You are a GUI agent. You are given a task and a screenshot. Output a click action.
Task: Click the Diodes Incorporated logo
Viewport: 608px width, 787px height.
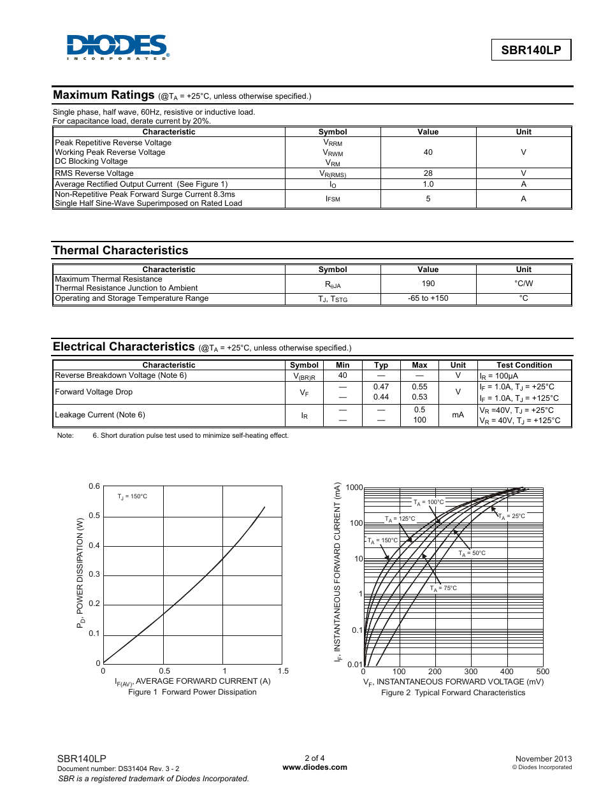(118, 47)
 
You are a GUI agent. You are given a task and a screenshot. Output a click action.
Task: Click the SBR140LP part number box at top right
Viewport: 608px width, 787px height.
(531, 50)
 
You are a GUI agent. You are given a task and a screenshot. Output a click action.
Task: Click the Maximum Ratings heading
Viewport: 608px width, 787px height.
(104, 95)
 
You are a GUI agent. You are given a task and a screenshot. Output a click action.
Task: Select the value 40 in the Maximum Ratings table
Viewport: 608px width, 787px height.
(428, 152)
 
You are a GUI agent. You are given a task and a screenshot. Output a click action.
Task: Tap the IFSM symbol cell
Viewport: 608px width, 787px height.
(333, 199)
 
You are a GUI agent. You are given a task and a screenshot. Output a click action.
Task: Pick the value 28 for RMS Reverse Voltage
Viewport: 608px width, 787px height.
(428, 173)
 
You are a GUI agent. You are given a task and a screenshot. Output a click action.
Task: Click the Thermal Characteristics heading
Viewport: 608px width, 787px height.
(120, 250)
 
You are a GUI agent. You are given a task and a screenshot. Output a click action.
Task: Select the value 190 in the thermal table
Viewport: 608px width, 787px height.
(428, 284)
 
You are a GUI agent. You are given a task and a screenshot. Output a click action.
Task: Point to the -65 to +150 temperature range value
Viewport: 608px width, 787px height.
(428, 298)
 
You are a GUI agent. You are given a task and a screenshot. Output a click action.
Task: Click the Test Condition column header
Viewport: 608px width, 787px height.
(524, 365)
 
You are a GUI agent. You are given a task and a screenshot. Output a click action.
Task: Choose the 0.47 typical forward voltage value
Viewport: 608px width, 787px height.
(381, 387)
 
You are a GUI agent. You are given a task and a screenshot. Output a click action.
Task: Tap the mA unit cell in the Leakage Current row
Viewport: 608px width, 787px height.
(458, 415)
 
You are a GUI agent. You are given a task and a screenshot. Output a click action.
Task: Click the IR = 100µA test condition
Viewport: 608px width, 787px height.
(499, 376)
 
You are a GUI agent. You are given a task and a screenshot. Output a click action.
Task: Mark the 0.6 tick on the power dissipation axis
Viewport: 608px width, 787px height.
(94, 486)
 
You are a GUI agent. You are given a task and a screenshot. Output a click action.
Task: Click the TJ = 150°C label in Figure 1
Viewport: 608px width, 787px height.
(132, 496)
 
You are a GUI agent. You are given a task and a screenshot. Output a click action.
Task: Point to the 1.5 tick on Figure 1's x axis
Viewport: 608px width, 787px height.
(283, 671)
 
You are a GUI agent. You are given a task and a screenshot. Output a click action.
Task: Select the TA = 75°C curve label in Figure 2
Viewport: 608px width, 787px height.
(443, 588)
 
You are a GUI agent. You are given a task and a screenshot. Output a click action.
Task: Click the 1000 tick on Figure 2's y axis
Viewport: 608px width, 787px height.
(354, 487)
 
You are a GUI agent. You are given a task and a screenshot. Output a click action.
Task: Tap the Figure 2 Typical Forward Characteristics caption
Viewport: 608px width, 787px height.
(453, 693)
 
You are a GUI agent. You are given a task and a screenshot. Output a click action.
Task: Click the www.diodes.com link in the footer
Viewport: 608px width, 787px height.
(315, 767)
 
